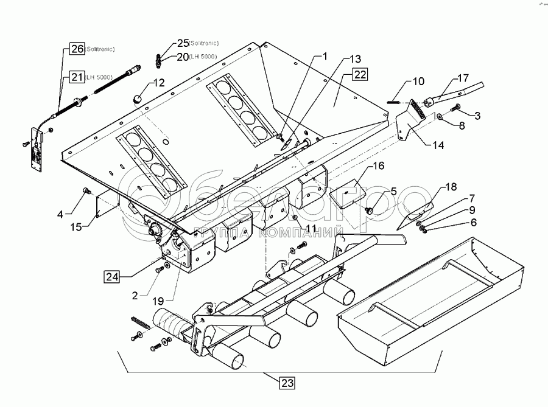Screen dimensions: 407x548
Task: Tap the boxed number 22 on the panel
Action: click(x=360, y=75)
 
